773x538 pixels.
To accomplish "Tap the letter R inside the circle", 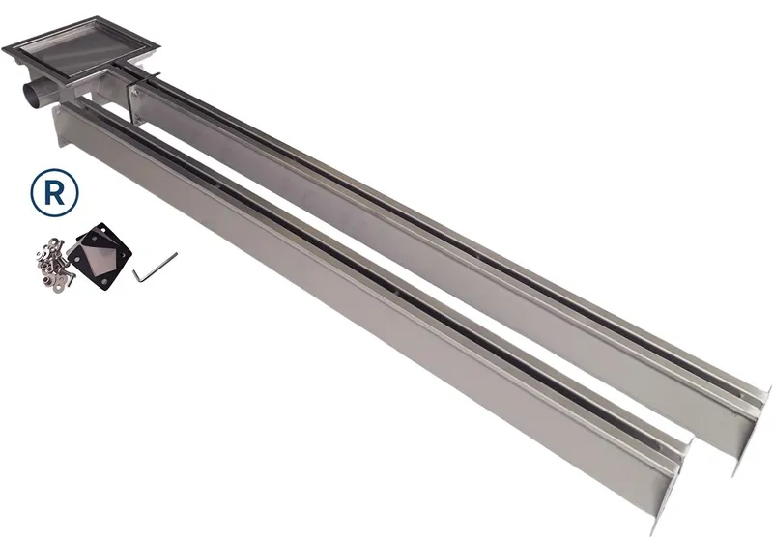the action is [x=54, y=193].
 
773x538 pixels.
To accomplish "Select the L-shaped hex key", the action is [x=154, y=267].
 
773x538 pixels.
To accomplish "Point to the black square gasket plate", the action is [x=100, y=251].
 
